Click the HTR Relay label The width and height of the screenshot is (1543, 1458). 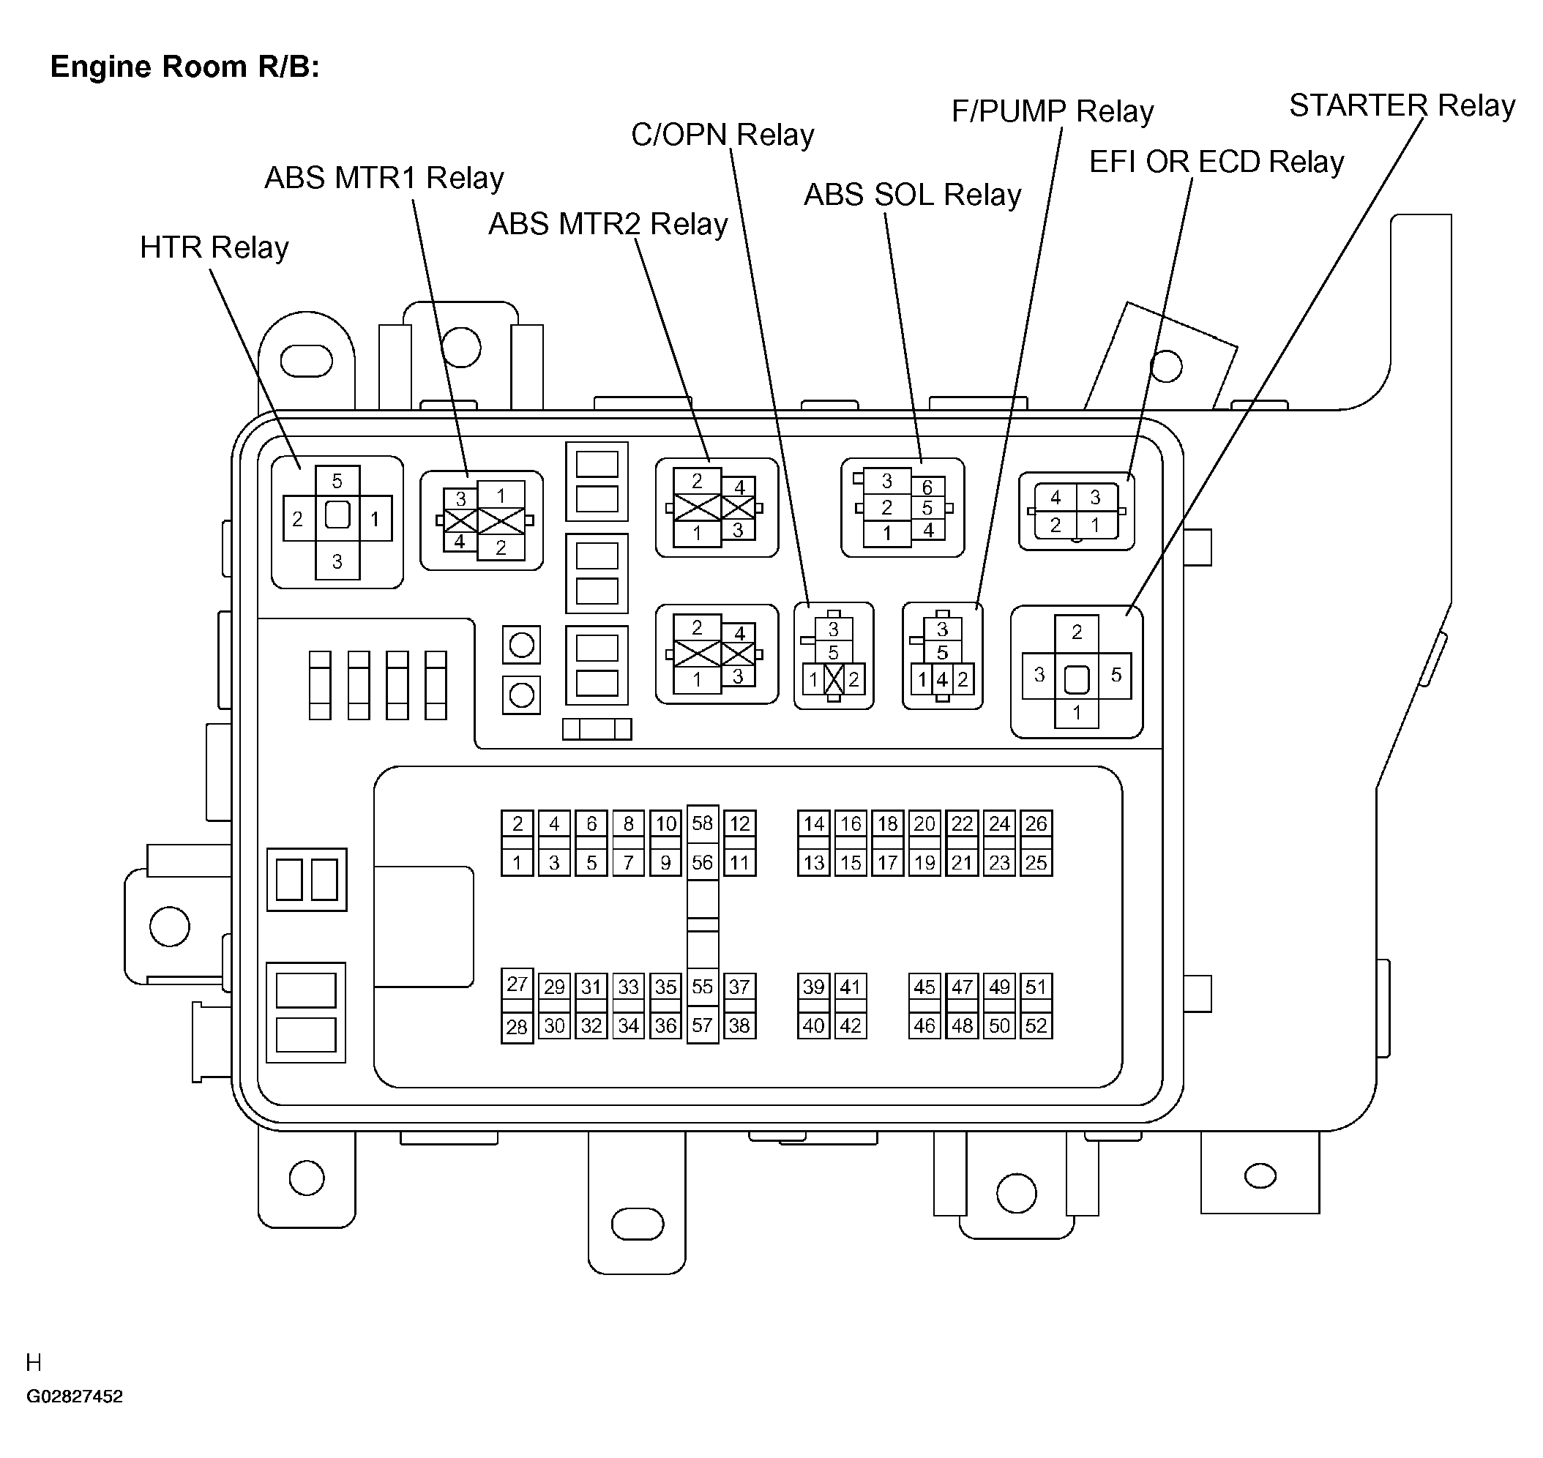[214, 248]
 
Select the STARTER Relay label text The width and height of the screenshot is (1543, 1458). [1402, 105]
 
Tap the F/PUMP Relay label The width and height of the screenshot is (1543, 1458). [1053, 111]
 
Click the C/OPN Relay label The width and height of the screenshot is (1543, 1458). [722, 135]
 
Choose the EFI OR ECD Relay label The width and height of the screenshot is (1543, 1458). [1217, 162]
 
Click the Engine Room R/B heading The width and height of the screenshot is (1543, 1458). [185, 67]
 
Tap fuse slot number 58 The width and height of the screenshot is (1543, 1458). [703, 823]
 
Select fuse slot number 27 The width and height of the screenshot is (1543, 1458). [517, 984]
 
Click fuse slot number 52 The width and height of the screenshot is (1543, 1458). [1036, 1026]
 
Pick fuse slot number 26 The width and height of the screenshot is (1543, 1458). [1036, 824]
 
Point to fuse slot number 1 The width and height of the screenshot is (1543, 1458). [517, 863]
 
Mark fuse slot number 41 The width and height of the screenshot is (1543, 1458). [851, 987]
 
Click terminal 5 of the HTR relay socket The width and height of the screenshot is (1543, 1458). [337, 481]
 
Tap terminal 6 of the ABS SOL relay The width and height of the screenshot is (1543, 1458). [927, 487]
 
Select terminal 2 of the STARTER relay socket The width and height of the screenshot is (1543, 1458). [1077, 632]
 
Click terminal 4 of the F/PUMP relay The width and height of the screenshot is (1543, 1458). [942, 680]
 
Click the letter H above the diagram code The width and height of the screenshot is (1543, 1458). [34, 1362]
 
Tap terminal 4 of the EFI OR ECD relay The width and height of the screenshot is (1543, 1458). [1056, 498]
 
